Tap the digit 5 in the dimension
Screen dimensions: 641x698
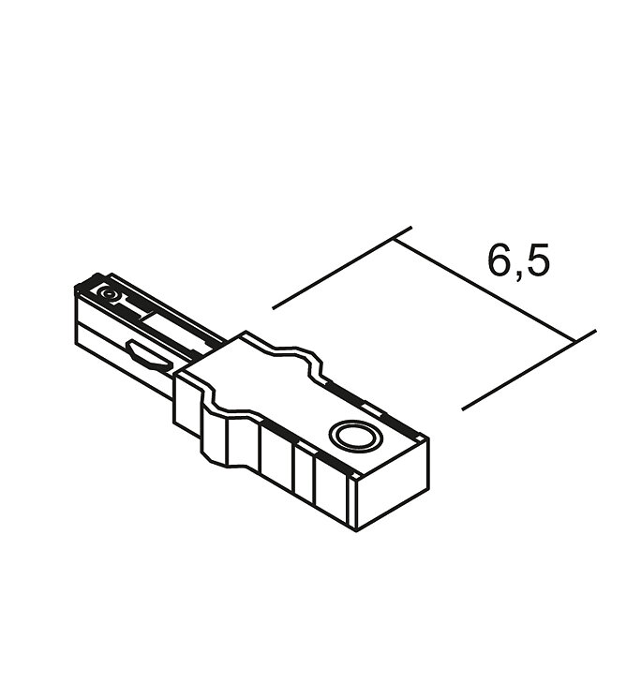539,260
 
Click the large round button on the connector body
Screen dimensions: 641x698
355,435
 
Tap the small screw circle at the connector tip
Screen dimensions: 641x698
107,294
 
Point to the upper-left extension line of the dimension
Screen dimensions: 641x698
342,267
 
